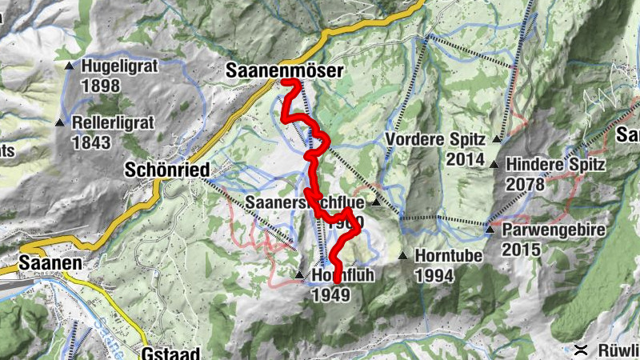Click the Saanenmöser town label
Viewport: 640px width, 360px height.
(284, 71)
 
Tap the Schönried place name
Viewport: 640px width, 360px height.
(167, 170)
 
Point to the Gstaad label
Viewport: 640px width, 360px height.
(168, 352)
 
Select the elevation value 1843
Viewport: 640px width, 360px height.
(90, 143)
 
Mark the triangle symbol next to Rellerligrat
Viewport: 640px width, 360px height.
(60, 122)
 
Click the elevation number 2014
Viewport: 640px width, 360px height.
(466, 159)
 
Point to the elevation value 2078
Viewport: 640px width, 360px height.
(525, 185)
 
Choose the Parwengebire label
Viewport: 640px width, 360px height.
(552, 230)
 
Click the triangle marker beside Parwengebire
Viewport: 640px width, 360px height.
(490, 230)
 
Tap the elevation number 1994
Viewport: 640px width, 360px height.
(434, 276)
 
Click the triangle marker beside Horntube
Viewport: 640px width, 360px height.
(403, 256)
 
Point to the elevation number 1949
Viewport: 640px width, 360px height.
(330, 294)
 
